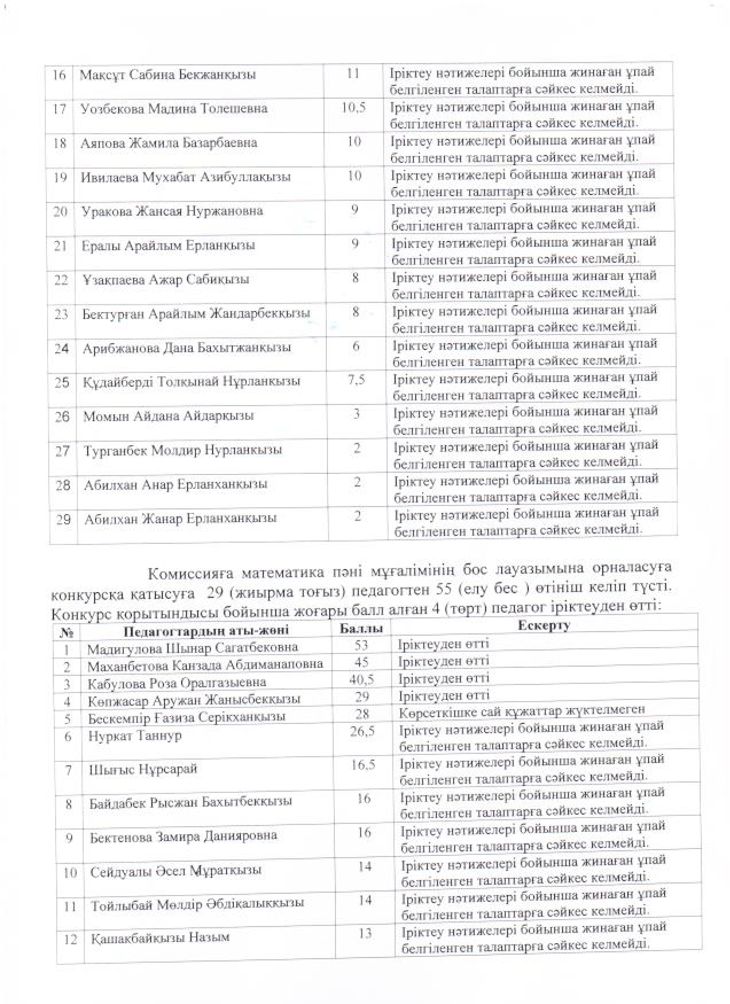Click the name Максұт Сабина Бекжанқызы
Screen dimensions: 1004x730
click(167, 75)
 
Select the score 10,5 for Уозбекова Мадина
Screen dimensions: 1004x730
click(353, 107)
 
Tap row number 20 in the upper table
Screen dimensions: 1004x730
click(61, 211)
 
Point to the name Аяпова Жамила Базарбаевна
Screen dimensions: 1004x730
click(169, 143)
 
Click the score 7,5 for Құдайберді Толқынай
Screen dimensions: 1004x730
click(356, 380)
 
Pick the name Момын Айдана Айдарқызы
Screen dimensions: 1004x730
click(169, 416)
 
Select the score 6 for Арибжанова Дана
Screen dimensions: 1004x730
click(356, 346)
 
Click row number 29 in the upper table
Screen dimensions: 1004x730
click(64, 519)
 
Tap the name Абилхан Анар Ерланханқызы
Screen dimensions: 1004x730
click(175, 484)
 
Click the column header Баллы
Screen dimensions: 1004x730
click(361, 629)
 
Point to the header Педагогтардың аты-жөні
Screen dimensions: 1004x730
click(206, 631)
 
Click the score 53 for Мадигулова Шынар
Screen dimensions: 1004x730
click(361, 645)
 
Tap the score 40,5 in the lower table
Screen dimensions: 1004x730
click(362, 679)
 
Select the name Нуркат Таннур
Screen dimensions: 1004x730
click(135, 736)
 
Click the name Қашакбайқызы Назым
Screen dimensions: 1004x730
click(160, 937)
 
